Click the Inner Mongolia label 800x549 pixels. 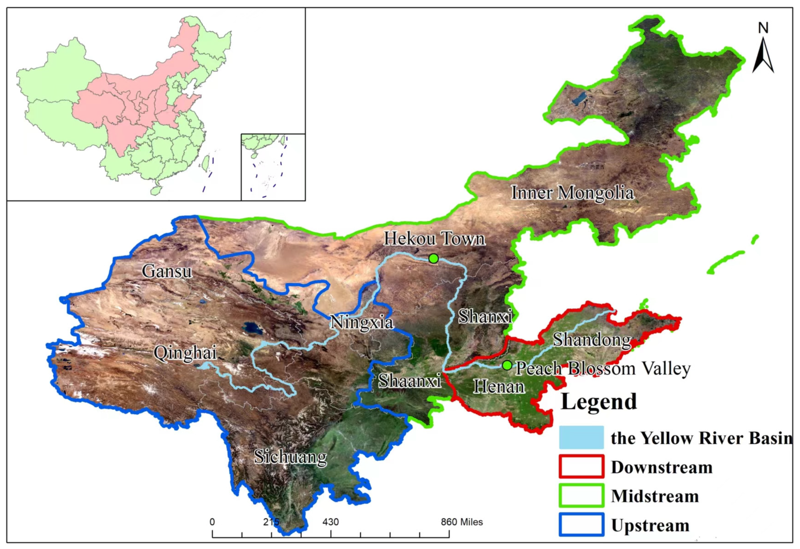point(572,193)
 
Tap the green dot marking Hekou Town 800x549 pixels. point(433,258)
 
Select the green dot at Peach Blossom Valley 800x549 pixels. point(507,365)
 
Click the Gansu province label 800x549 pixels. point(167,271)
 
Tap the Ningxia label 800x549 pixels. point(361,322)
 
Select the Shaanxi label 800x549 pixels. point(410,380)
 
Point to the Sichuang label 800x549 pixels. point(290,457)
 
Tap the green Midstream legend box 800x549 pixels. point(581,495)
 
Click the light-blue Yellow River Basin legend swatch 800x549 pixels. point(581,437)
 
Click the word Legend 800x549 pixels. point(599,402)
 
